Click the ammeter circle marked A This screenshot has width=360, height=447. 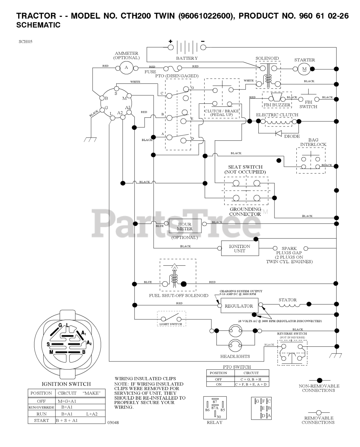pyautogui.click(x=126, y=68)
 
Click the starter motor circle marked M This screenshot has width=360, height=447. pyautogui.click(x=304, y=69)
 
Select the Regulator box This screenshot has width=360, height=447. pyautogui.click(x=239, y=306)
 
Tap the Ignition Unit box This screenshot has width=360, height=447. pyautogui.click(x=240, y=248)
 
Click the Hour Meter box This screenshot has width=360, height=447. pyautogui.click(x=185, y=226)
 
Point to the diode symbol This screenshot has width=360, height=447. pyautogui.click(x=279, y=133)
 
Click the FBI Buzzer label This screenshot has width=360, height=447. pyautogui.click(x=277, y=105)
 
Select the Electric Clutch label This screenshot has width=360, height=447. pyautogui.click(x=277, y=115)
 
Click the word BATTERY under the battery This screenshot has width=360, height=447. pyautogui.click(x=187, y=58)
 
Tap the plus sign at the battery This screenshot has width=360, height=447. pyautogui.click(x=171, y=41)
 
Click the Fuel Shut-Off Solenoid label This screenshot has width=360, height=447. pyautogui.click(x=178, y=295)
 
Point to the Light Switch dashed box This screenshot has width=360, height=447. pyautogui.click(x=171, y=319)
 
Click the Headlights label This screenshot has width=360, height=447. pyautogui.click(x=235, y=357)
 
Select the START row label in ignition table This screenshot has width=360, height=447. pyautogui.click(x=42, y=420)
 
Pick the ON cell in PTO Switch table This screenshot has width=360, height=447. pyautogui.click(x=219, y=384)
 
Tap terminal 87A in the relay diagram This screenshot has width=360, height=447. pyautogui.click(x=215, y=408)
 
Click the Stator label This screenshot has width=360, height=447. pyautogui.click(x=288, y=300)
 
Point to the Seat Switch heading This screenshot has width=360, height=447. pyautogui.click(x=245, y=167)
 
